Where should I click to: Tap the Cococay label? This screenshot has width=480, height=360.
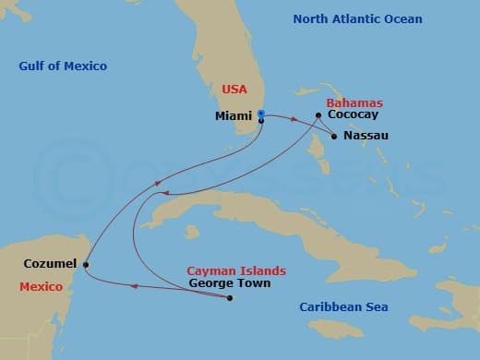pyautogui.click(x=353, y=115)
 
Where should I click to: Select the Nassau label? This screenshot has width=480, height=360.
pyautogui.click(x=365, y=136)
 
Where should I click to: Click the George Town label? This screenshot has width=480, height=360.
pyautogui.click(x=230, y=283)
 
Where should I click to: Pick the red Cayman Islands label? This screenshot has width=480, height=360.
pyautogui.click(x=236, y=270)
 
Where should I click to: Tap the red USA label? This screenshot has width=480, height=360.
pyautogui.click(x=234, y=90)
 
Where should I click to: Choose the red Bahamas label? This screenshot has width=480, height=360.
pyautogui.click(x=357, y=102)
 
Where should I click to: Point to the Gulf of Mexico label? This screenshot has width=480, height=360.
pyautogui.click(x=63, y=66)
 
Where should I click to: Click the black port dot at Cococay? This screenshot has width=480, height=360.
pyautogui.click(x=318, y=115)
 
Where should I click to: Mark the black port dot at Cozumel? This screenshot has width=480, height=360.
pyautogui.click(x=85, y=265)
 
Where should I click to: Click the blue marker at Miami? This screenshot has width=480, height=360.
pyautogui.click(x=261, y=114)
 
